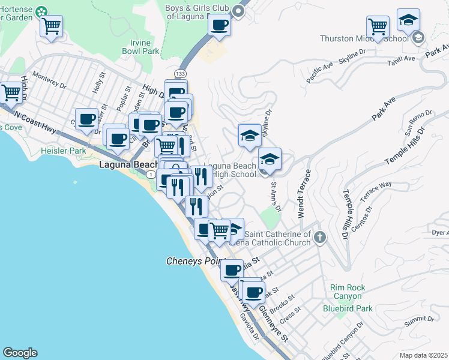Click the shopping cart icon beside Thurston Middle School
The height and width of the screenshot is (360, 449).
point(378,26)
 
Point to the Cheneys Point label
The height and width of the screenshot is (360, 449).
point(194,262)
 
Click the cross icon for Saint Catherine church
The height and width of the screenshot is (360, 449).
point(319,238)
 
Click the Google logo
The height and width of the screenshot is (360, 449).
point(20,353)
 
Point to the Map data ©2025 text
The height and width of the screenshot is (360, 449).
point(423,355)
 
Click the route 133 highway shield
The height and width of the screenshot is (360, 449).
point(180,73)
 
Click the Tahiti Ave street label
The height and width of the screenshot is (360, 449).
point(402,58)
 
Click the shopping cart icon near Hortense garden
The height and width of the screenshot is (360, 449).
point(52,26)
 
